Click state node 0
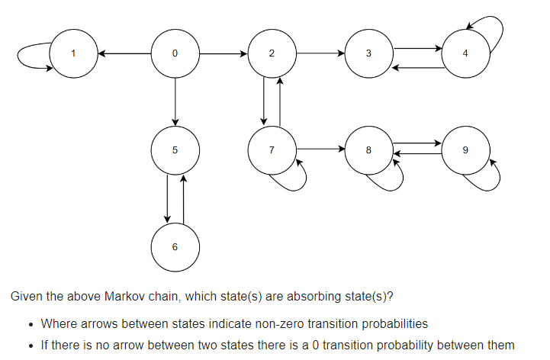pos(175,53)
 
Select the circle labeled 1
pos(73,53)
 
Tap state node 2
pos(272,53)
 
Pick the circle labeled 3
pos(368,53)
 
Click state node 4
pos(465,53)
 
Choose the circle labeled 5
pos(175,150)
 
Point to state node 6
pos(175,247)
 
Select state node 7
pos(272,150)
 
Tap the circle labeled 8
pos(368,150)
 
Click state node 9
pos(465,150)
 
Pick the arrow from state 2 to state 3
pos(320,53)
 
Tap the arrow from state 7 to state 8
pos(320,149)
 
